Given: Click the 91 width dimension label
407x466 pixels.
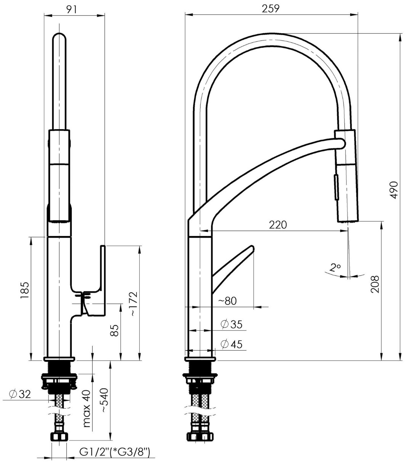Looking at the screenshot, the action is pos(72,9).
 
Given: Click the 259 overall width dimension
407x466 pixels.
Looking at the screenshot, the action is pos(270,9).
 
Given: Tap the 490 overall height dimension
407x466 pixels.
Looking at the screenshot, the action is pos(394,190).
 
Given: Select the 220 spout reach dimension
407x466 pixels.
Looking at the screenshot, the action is pos(278,225).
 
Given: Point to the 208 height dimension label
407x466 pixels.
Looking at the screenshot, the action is pos(375,284).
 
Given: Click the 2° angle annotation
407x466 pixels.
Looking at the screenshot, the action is pos(335,268).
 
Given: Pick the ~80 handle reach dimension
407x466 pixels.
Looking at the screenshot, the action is pos(227,301).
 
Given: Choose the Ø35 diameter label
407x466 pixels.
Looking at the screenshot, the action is pos(232,324).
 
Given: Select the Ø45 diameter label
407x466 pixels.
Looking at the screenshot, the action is pos(232,344).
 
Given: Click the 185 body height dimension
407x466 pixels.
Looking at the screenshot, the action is pos(25,290).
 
